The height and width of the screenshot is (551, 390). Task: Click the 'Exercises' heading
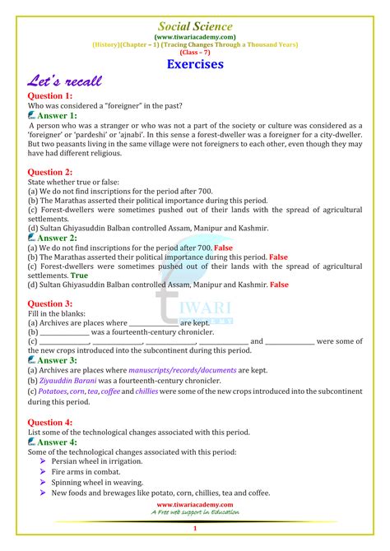(195, 63)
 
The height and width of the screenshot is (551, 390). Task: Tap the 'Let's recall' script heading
(67, 82)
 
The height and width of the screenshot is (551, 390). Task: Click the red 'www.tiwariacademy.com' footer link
(195, 504)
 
